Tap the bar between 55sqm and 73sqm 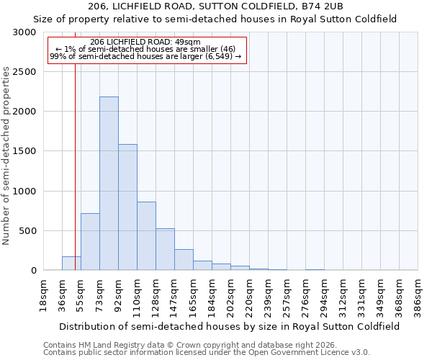tap(90, 242)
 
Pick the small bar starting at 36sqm tap(71, 264)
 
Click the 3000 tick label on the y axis tap(24, 32)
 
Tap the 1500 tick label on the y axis tap(24, 151)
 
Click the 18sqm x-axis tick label tap(43, 294)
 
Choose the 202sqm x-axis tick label tap(230, 294)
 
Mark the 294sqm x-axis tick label tap(324, 294)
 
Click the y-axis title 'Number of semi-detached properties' tap(6, 156)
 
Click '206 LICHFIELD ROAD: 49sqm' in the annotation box tap(146, 42)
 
